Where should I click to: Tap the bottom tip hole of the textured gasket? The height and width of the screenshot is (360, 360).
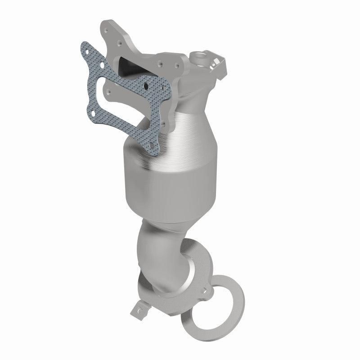(153, 146)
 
